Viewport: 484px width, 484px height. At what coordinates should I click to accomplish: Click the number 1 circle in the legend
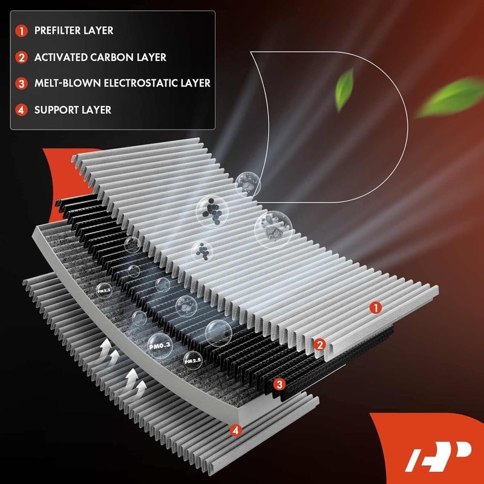[x=22, y=30]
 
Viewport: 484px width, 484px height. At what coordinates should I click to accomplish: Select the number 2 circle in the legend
[x=22, y=57]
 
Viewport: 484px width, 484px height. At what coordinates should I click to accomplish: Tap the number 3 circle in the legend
[x=22, y=83]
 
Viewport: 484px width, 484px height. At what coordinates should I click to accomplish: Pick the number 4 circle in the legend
[x=22, y=110]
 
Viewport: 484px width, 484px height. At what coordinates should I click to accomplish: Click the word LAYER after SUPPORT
[x=96, y=110]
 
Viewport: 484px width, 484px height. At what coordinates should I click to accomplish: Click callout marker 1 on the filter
[x=376, y=308]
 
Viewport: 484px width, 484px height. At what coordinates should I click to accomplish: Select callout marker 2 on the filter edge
[x=320, y=345]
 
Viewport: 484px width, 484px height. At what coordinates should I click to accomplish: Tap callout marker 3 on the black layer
[x=279, y=384]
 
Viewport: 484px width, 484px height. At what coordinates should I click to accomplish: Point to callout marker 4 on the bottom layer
[x=235, y=430]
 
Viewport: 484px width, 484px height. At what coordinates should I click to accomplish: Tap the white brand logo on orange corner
[x=433, y=454]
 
